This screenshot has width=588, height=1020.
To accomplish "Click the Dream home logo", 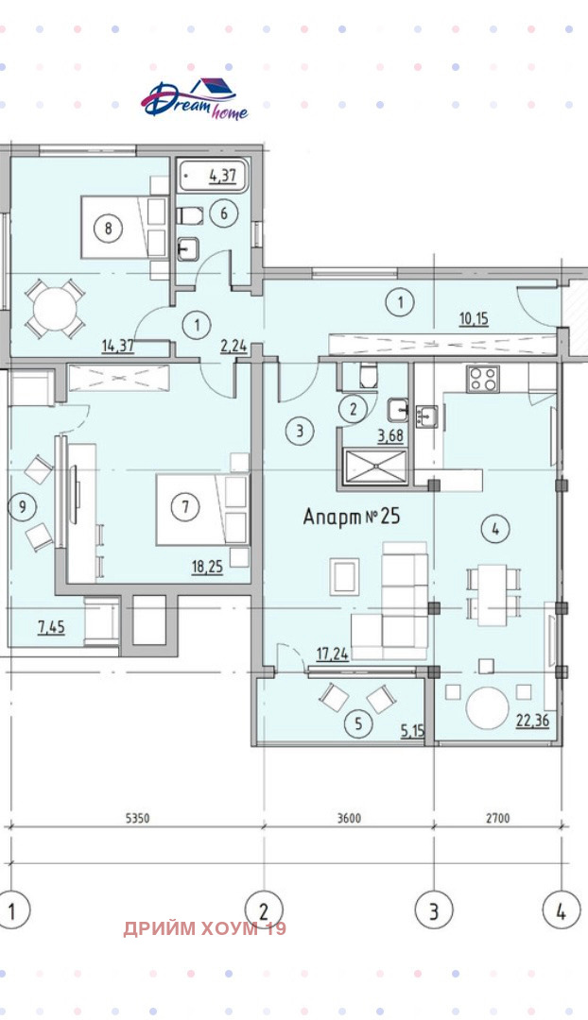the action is (x=195, y=99).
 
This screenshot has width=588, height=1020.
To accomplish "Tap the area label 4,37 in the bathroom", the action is (x=222, y=175).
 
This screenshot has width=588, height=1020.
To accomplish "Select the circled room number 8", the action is (x=108, y=229).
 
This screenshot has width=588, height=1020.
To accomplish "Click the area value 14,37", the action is (x=118, y=346).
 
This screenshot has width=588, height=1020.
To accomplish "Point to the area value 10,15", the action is (x=474, y=319).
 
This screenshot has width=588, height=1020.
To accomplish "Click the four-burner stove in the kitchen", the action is (x=483, y=379).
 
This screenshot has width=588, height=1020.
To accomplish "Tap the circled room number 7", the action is (x=185, y=506).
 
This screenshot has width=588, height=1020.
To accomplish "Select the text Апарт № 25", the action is (x=352, y=518).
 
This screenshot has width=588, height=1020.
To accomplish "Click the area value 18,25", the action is (x=207, y=567).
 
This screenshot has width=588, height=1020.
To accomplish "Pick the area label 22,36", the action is (x=532, y=720).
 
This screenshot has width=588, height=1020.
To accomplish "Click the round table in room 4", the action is (x=488, y=708).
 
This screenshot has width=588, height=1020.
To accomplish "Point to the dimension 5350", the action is (x=137, y=818).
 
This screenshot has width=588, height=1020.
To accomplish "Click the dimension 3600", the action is (x=349, y=818).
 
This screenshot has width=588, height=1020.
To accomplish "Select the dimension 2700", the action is (x=497, y=818).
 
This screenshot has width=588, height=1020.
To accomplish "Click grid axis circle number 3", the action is (x=434, y=910).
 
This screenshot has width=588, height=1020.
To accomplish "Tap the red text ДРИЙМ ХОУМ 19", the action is (x=204, y=928).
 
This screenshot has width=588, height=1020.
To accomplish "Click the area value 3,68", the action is (x=390, y=435).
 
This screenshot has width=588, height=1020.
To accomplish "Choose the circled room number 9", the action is (x=23, y=507).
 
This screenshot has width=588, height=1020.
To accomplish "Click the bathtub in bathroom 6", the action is (x=213, y=176).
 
